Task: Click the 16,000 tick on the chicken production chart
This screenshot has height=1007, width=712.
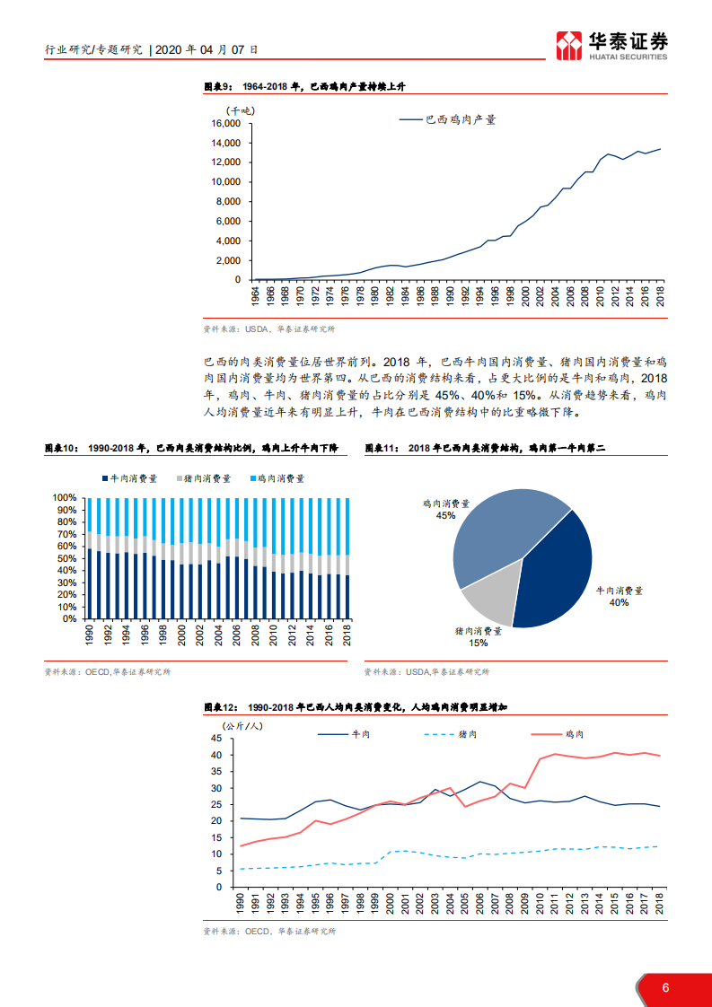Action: point(225,123)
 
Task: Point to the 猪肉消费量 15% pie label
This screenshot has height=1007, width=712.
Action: point(478,636)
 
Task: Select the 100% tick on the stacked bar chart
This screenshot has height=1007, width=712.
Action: point(66,497)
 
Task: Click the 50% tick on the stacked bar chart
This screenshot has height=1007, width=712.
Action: point(67,558)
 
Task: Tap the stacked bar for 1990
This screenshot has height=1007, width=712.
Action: point(88,557)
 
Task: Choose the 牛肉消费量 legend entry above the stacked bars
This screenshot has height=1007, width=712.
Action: point(130,479)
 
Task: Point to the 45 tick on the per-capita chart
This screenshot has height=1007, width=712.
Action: point(216,739)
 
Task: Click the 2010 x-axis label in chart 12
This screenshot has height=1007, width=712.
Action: point(541,905)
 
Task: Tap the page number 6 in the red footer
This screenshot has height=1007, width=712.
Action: point(665,988)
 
